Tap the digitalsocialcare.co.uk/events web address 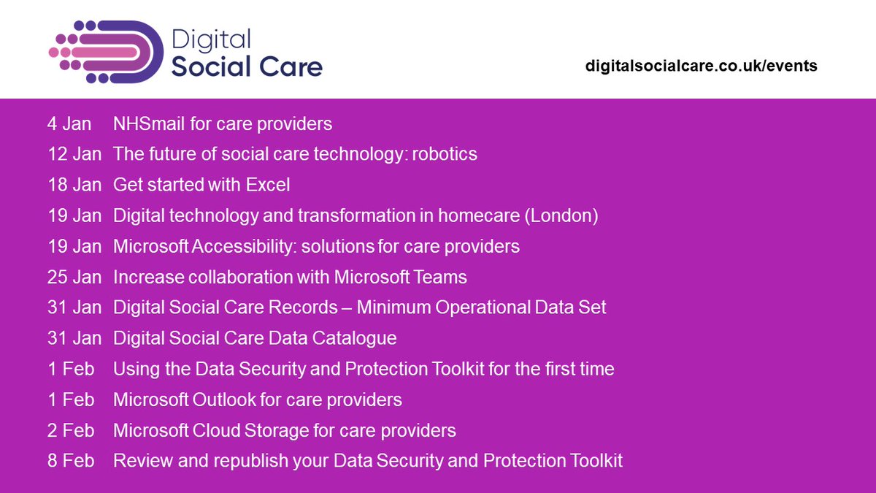(x=701, y=66)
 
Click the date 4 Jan (x=69, y=124)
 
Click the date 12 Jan (x=74, y=155)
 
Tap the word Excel (x=268, y=186)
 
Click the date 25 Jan (x=74, y=278)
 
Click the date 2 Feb (x=71, y=431)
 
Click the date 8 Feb (x=71, y=462)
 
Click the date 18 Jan (x=74, y=186)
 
